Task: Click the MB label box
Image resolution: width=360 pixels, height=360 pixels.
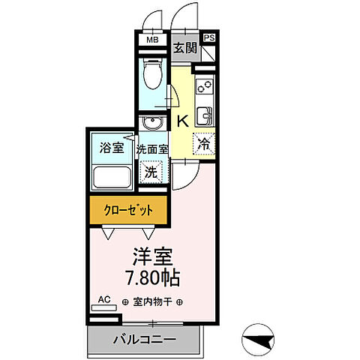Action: point(152,40)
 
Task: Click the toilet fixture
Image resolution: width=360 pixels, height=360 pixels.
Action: point(153,78)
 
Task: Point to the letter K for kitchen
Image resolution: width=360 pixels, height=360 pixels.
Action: point(181,120)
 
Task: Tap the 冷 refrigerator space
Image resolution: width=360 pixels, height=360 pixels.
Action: point(203,142)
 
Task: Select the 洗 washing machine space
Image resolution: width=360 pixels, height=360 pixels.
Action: point(151,172)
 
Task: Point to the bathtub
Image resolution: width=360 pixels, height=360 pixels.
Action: point(111,178)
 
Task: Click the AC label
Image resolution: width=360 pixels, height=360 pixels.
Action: point(104,300)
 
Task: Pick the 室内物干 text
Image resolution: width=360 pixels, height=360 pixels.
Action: point(152,302)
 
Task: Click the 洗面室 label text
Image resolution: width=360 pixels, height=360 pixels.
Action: point(153,148)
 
